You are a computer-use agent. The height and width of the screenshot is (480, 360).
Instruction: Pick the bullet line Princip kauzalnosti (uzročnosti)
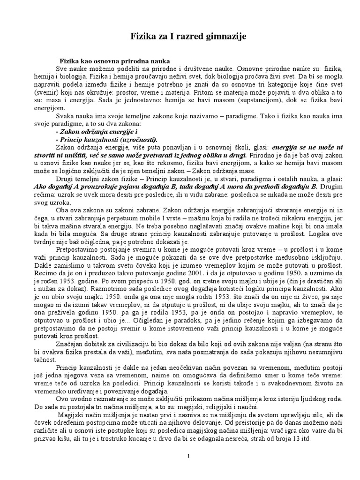tap(106, 140)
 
